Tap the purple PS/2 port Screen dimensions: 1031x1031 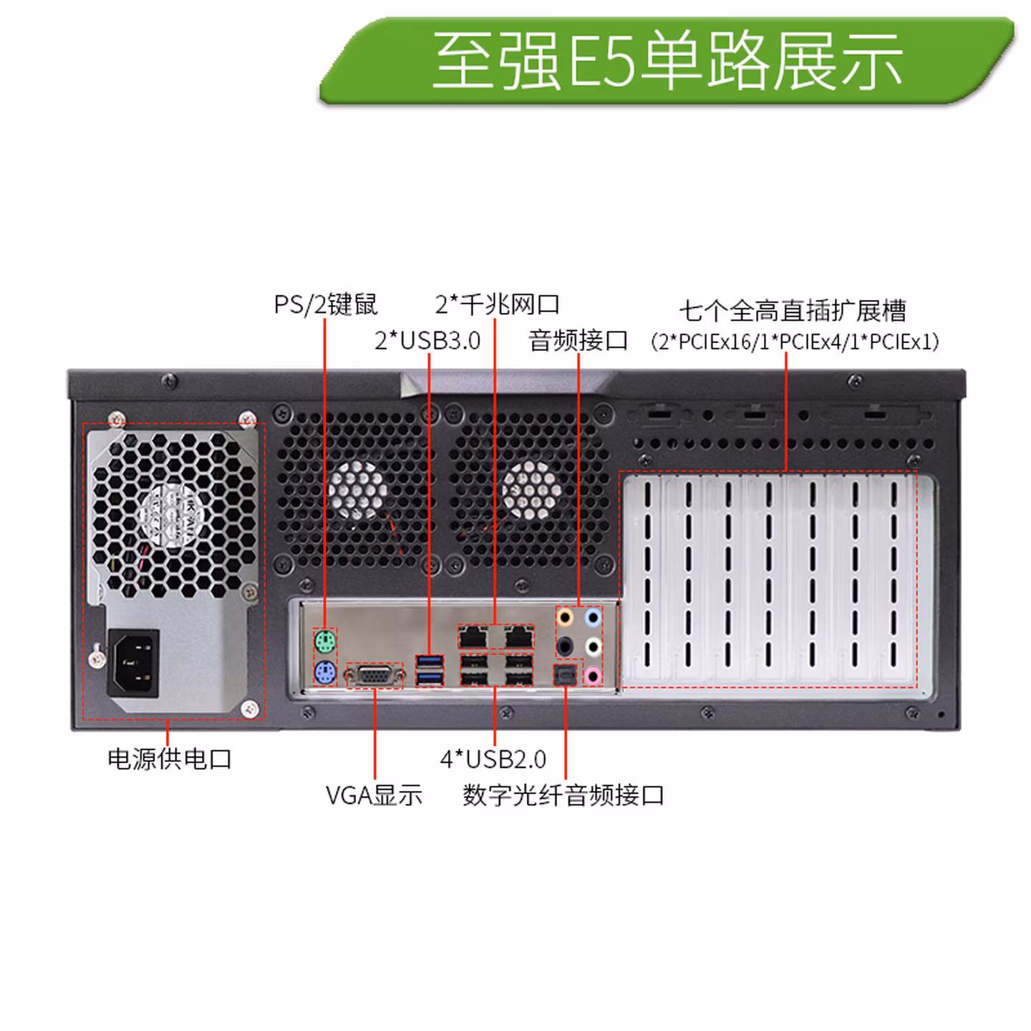[x=324, y=672]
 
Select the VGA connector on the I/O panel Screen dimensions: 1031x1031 [x=374, y=677]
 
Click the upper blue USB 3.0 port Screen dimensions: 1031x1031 [x=430, y=662]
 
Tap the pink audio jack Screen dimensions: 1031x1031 [x=592, y=675]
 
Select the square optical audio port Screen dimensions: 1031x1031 [x=565, y=675]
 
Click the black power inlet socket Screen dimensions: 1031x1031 [x=133, y=664]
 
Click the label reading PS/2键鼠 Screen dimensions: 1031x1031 [x=325, y=304]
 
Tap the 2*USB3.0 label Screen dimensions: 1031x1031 [x=427, y=341]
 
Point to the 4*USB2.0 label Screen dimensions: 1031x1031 [x=493, y=759]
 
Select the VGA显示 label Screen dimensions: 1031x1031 [x=374, y=795]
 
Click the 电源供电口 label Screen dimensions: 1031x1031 [x=170, y=759]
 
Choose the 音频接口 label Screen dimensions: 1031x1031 [x=579, y=341]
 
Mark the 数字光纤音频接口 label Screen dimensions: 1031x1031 [x=563, y=795]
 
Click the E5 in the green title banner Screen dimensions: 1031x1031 [x=602, y=60]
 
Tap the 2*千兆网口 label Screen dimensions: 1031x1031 [x=497, y=304]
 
